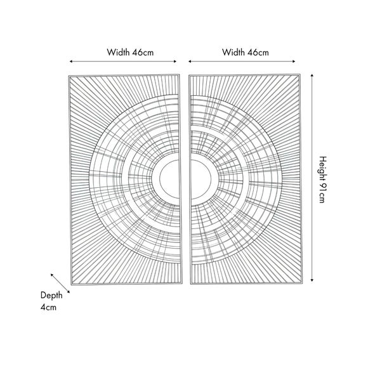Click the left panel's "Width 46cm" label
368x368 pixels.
pos(124,51)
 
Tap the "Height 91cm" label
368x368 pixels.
pos(322,180)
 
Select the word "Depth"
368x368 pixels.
pos(51,295)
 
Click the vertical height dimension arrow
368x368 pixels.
pos(313,178)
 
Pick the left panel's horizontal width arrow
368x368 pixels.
pos(124,62)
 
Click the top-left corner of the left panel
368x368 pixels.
pos(69,76)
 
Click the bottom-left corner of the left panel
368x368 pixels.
pos(69,283)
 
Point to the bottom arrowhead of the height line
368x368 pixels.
pos(313,282)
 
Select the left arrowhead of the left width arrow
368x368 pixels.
pos(71,62)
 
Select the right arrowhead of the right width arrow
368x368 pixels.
pos(297,62)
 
